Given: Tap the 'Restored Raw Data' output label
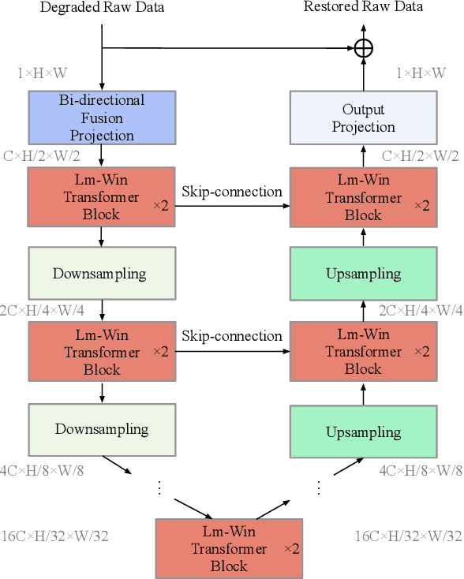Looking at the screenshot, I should coord(364,7).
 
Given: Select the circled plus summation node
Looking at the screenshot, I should coord(363,48).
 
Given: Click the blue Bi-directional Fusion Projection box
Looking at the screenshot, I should coord(102,118).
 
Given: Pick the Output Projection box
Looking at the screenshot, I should coord(363,118).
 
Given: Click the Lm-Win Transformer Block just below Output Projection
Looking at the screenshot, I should coord(363,198).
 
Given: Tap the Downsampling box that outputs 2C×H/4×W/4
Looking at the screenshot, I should coord(100,274).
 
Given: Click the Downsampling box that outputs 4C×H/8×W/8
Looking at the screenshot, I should coord(102,430).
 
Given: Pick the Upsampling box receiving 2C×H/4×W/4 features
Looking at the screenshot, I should coord(363,274).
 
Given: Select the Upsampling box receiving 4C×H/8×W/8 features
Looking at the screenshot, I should coord(363,432).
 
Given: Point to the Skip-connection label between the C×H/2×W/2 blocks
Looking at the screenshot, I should coord(232,192).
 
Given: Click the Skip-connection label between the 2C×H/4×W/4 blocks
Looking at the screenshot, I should coord(232,336).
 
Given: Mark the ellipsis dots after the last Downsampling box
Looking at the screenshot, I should coord(159,487).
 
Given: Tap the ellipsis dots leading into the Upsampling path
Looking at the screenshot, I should coord(319,487).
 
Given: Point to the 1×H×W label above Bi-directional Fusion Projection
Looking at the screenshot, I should coord(43,73).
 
